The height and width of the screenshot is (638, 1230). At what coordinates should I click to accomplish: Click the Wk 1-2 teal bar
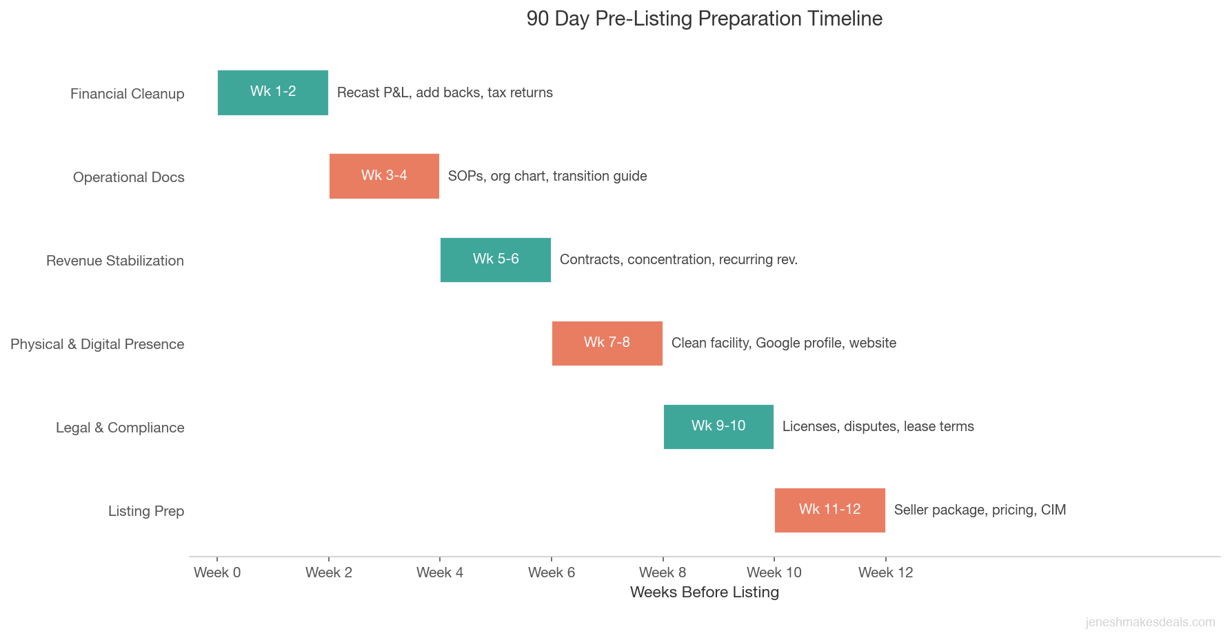pos(273,92)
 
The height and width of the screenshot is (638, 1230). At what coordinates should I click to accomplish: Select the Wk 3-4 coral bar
pos(384,176)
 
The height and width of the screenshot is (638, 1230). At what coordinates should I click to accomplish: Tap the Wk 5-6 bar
pos(496,259)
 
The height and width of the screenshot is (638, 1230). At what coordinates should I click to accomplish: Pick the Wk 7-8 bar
pos(607,343)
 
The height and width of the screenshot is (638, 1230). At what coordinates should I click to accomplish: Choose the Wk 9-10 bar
pos(718,426)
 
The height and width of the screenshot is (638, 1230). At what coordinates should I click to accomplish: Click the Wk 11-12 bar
pos(829,510)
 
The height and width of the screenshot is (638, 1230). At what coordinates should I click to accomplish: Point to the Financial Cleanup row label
pos(128,94)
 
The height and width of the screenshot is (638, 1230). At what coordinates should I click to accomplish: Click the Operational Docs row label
pos(129,177)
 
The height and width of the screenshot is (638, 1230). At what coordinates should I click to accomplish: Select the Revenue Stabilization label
pos(115,261)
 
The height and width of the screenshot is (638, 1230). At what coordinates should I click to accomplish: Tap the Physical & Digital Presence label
pos(97,344)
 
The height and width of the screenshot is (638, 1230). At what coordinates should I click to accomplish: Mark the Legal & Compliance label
pos(120,428)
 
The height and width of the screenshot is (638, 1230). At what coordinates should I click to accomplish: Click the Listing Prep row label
pos(146,511)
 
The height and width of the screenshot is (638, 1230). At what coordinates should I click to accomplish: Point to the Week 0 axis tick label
pos(217,572)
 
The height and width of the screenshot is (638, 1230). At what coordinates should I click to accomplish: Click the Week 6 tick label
pos(552,572)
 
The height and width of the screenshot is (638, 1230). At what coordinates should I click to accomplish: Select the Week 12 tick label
pos(885,572)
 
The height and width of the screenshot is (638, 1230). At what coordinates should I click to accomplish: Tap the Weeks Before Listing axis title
pos(704,592)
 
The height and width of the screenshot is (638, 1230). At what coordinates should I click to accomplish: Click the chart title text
pos(704,19)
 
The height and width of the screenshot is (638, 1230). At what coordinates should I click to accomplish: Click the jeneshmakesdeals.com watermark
pos(1150,622)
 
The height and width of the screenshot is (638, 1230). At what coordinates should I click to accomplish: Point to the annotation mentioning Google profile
pos(783,343)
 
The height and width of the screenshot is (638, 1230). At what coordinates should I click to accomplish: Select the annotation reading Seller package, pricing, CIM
pos(980,510)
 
